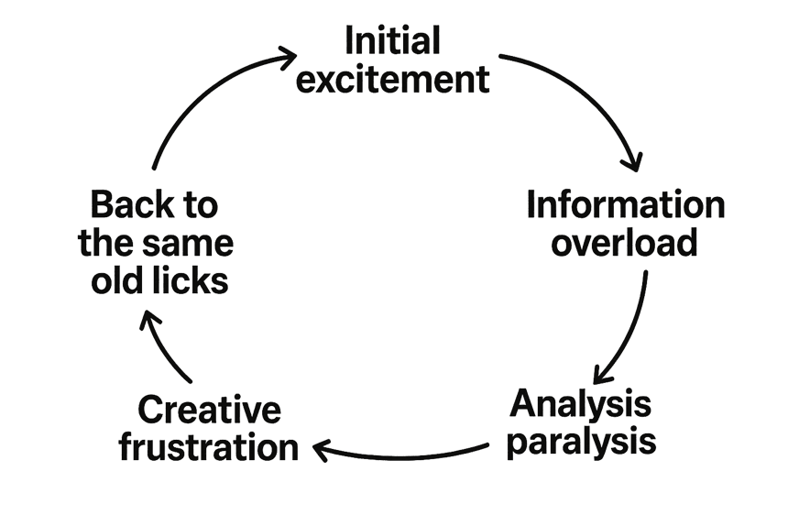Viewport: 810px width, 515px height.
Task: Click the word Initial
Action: (x=392, y=40)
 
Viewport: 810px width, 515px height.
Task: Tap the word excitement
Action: (x=392, y=80)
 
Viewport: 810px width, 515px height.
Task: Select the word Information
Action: (x=626, y=204)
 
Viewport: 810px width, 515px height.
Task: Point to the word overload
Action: (x=624, y=242)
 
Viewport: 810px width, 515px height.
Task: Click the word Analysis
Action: (x=581, y=404)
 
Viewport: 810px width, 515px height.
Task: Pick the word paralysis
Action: (x=581, y=443)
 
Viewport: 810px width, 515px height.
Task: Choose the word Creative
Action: (x=209, y=410)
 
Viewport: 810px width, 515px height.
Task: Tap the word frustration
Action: (x=209, y=447)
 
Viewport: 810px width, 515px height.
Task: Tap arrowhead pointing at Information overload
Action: (x=633, y=161)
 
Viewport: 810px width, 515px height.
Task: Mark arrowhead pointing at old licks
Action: (x=149, y=319)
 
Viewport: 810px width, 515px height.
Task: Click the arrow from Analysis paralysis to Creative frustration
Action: (x=400, y=457)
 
